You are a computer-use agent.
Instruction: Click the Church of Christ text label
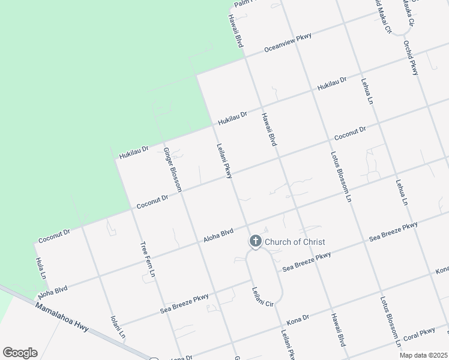(x=295, y=242)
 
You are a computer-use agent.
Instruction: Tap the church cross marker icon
(x=255, y=242)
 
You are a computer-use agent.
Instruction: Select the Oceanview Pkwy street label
(x=288, y=44)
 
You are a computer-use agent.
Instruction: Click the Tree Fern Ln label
(x=148, y=259)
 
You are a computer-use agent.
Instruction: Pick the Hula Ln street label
(x=40, y=268)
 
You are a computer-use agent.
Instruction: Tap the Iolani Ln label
(x=118, y=326)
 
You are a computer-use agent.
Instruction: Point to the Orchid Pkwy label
(x=411, y=58)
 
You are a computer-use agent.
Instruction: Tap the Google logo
(x=20, y=353)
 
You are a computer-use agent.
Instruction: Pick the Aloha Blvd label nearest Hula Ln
(x=52, y=293)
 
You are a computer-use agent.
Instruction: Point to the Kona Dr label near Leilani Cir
(x=297, y=318)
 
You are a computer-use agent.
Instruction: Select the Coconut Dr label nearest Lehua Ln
(x=350, y=134)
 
